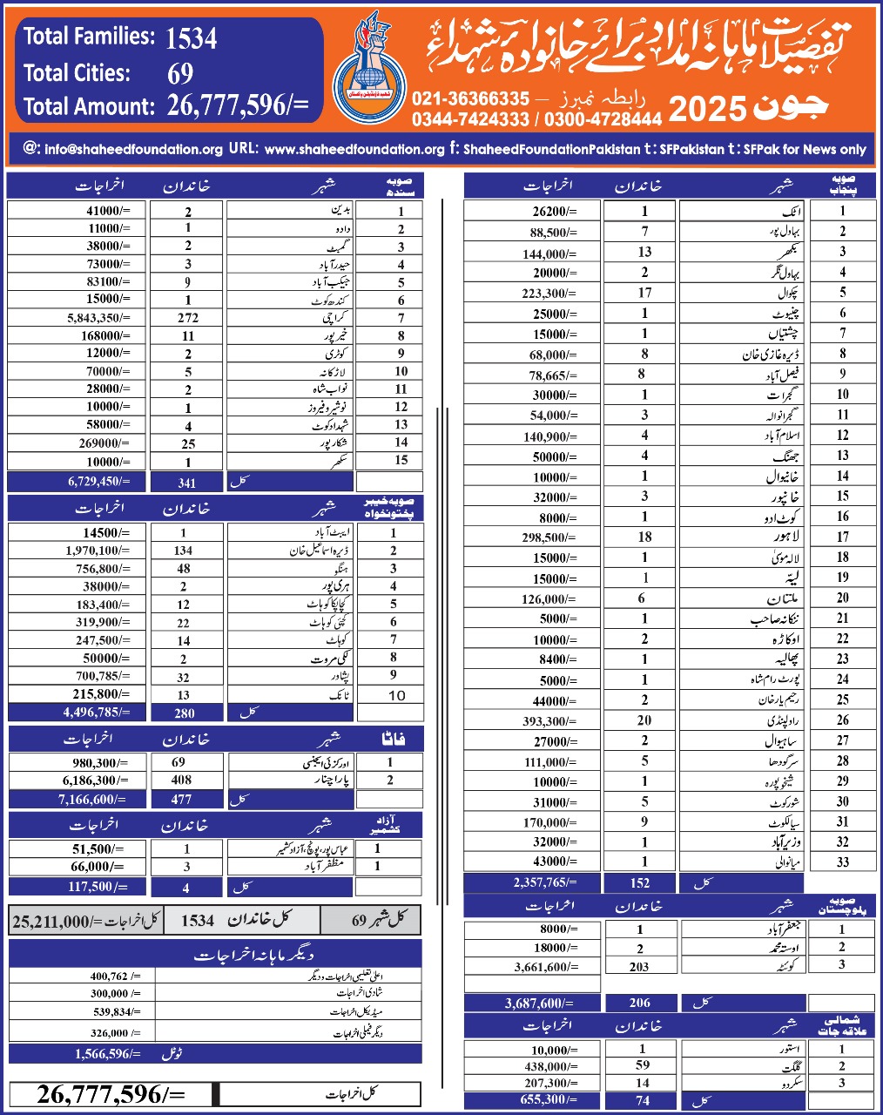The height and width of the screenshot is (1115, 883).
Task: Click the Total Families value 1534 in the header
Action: pyautogui.click(x=191, y=37)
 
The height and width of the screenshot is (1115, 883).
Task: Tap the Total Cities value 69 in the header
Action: pyautogui.click(x=180, y=73)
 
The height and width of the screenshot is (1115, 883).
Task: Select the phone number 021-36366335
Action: pyautogui.click(x=470, y=99)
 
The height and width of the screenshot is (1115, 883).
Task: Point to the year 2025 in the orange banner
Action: pyautogui.click(x=707, y=110)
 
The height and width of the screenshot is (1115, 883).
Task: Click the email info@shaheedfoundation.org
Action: pyautogui.click(x=133, y=149)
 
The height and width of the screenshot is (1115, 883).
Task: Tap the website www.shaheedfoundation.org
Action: pyautogui.click(x=354, y=149)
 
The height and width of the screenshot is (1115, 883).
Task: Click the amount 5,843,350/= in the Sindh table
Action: pyautogui.click(x=98, y=318)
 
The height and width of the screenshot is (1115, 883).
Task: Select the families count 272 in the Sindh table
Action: pyautogui.click(x=188, y=318)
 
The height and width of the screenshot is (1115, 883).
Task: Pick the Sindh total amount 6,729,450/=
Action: pyautogui.click(x=98, y=482)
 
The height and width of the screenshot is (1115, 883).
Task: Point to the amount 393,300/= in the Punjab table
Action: pyautogui.click(x=549, y=721)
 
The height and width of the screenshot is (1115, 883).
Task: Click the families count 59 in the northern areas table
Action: pyautogui.click(x=643, y=1065)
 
